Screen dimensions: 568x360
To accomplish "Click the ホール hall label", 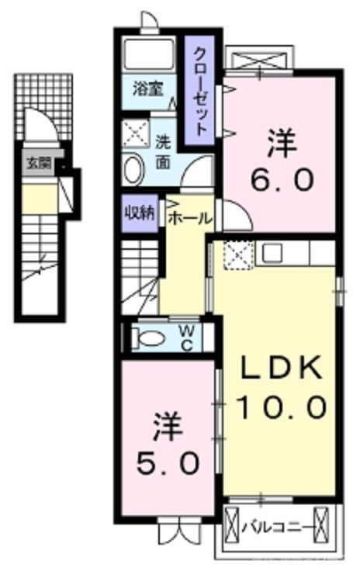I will coord(189,218).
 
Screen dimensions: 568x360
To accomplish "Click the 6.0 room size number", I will coord(282,179).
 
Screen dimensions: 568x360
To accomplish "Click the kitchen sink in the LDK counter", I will coord(272,252).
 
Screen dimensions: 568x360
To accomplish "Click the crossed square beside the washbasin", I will coord(137,133).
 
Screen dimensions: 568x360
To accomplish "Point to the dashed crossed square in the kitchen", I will coord(235,254).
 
